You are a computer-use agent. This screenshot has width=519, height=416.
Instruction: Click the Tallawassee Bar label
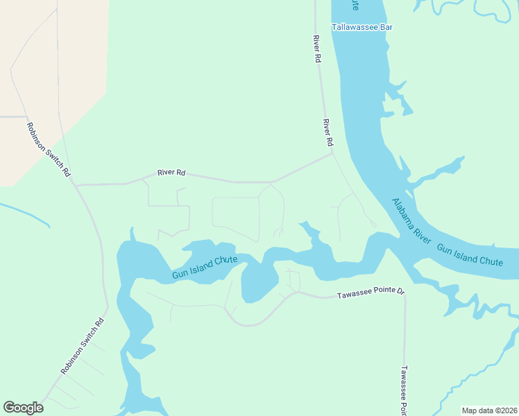(x=362, y=27)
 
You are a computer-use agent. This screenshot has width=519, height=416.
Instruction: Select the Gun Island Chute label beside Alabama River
(x=470, y=254)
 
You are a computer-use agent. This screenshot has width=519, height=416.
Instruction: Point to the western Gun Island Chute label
(x=205, y=267)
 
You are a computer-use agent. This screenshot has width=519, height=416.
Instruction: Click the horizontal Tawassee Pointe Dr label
(x=370, y=295)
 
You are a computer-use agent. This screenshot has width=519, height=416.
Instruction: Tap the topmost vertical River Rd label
(x=317, y=49)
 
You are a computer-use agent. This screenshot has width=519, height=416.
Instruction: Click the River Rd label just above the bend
(x=327, y=132)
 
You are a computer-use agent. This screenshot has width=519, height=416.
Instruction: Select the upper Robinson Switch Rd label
(x=49, y=149)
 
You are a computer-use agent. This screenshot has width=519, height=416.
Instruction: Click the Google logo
(x=23, y=408)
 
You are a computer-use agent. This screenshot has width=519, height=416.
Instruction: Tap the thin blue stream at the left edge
(x=25, y=214)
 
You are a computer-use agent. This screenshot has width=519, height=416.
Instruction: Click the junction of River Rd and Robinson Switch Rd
(x=74, y=185)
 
